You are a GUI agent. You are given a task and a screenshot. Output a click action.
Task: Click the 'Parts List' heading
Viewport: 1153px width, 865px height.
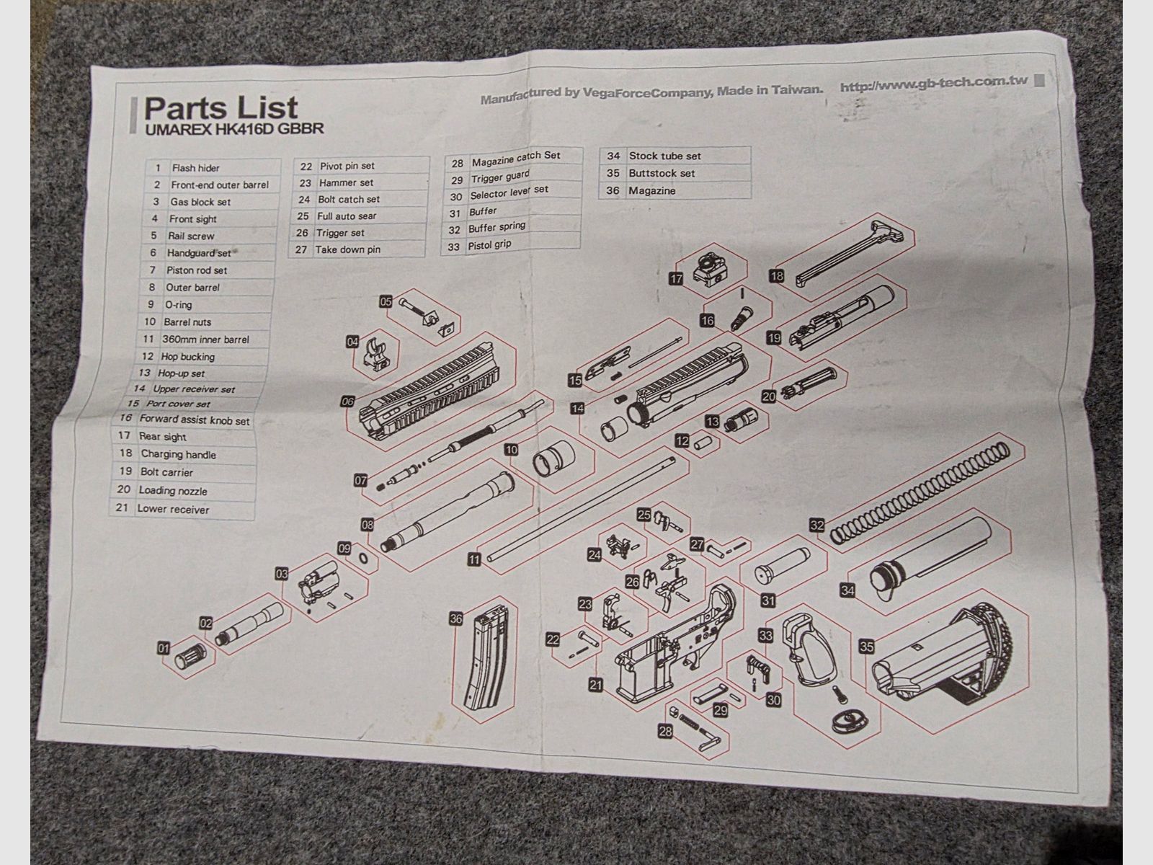[x=221, y=107]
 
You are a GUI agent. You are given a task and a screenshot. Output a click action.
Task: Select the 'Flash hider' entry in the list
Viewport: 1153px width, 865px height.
[x=195, y=168]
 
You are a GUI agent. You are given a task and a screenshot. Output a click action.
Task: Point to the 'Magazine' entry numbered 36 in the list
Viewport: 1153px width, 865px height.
[x=652, y=190]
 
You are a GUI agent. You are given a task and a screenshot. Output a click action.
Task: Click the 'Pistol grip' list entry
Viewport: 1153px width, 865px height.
[x=489, y=245]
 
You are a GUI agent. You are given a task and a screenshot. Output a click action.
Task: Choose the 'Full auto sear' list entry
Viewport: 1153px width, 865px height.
[x=347, y=216]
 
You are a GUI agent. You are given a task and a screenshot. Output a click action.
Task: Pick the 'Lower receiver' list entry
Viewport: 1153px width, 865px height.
[x=173, y=509]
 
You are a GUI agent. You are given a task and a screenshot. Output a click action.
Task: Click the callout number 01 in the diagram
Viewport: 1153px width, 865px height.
[x=164, y=649]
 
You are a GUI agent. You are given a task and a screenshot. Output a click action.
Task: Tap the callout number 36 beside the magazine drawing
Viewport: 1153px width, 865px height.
[x=456, y=619]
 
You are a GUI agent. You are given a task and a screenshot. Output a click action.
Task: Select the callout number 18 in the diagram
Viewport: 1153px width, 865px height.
[x=776, y=276]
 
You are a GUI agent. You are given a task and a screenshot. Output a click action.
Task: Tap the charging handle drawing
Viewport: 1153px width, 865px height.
[x=848, y=252]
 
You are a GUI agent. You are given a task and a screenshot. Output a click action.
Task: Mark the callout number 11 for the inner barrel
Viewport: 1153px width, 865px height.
[x=474, y=560]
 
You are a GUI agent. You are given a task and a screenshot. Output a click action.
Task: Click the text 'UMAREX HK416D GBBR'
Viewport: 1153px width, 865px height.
[x=234, y=129]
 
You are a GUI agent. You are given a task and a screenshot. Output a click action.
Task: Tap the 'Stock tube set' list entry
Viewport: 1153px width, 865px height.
[x=665, y=156]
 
